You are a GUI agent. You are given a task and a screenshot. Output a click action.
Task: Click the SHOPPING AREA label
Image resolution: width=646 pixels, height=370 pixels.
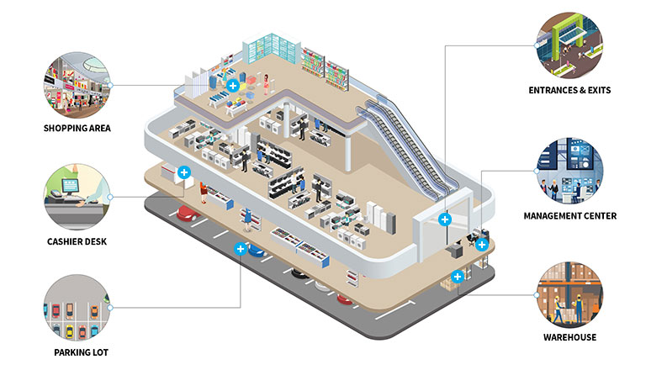pos(77,128)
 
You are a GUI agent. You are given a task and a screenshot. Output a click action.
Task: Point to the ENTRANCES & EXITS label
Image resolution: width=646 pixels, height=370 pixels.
pos(570,90)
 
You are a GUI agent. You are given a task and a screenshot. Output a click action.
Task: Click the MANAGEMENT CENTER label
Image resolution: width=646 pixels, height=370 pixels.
pos(570,216)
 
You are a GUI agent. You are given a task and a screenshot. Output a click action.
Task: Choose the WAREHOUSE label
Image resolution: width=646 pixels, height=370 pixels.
pos(569,337)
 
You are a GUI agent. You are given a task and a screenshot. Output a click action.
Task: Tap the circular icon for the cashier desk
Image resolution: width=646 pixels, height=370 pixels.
pos(77,195)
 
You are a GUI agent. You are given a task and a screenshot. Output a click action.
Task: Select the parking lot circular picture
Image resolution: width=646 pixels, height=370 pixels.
pos(77,307)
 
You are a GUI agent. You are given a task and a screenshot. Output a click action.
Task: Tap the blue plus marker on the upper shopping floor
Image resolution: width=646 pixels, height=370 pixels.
pos(233,85)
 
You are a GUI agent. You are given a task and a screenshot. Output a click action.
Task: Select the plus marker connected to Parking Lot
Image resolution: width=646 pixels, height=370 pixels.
pos(241,249)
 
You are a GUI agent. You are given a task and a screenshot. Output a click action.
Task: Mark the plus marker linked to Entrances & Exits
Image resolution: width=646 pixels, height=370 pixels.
pos(445,219)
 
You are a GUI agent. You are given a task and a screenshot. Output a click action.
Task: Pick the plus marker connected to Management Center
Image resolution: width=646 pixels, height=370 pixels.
pos(481,245)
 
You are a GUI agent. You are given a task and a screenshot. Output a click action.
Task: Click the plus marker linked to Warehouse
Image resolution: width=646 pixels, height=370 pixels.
pos(457,276)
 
